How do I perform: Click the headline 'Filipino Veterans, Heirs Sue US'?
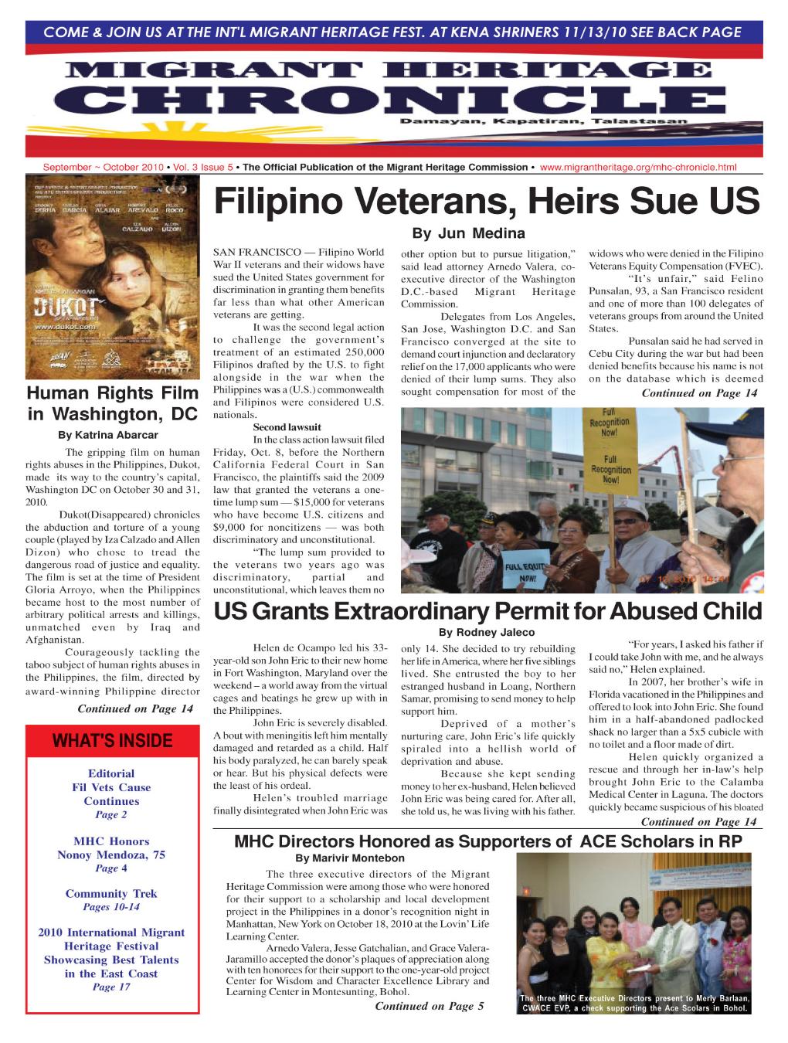click(487, 202)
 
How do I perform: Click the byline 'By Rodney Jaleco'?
click(487, 632)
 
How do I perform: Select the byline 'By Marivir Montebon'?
click(350, 858)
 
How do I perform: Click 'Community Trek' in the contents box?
click(111, 894)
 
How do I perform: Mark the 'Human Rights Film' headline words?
click(112, 392)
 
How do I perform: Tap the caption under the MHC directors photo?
click(635, 1002)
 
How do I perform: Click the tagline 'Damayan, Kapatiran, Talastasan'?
click(542, 122)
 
